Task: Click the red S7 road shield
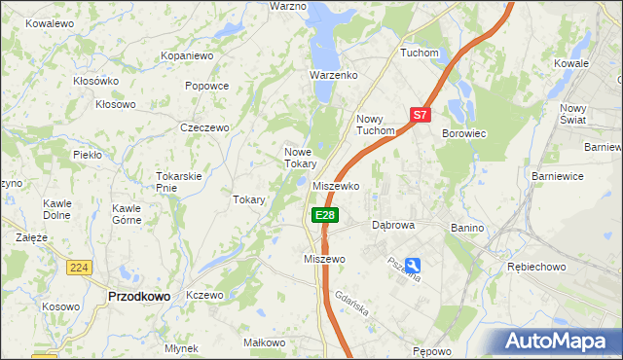[420, 114]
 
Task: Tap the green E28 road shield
[325, 215]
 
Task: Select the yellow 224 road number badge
[80, 267]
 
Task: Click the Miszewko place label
[337, 186]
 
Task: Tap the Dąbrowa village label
[394, 225]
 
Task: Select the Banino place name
[467, 227]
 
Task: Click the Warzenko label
[334, 75]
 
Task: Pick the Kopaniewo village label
[187, 56]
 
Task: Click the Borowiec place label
[463, 132]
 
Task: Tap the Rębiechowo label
[536, 266]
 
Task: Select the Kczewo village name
[204, 295]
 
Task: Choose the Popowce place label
[206, 86]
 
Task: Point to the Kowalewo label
[51, 21]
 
